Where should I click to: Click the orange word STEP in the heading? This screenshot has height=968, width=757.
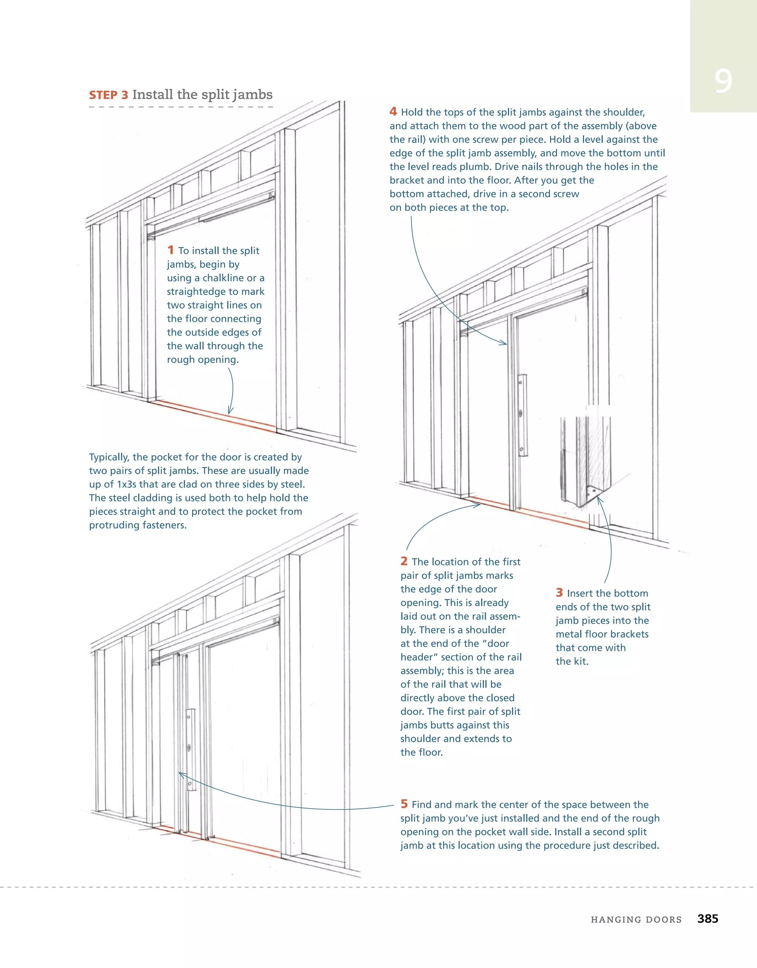[103, 95]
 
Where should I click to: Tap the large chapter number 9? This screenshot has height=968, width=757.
[723, 81]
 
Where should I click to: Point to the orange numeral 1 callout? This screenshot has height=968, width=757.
[170, 250]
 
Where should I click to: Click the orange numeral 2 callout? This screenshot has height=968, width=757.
[404, 561]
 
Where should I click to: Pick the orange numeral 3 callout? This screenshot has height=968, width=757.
[559, 593]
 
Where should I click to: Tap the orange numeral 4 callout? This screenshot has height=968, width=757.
[393, 112]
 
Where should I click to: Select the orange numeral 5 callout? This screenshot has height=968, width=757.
[404, 804]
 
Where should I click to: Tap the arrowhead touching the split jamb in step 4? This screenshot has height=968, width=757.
[504, 342]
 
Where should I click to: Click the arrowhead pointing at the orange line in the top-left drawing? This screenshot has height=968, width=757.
[230, 411]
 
